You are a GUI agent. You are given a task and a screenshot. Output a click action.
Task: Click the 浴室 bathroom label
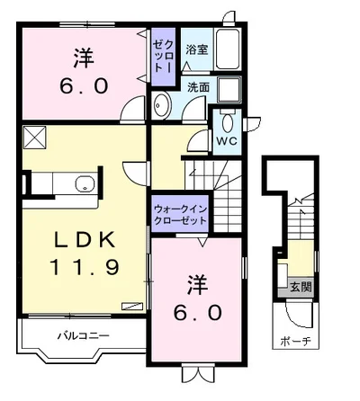click(x=197, y=50)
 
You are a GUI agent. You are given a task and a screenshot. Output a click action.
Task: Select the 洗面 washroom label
click(x=198, y=87)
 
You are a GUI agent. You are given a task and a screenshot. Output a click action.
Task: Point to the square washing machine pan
click(x=229, y=89)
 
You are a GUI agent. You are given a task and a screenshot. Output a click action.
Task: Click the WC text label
click(x=225, y=140)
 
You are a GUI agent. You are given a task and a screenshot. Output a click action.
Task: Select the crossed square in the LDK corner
click(x=35, y=137)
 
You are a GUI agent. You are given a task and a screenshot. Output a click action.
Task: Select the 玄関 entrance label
click(x=301, y=288)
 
